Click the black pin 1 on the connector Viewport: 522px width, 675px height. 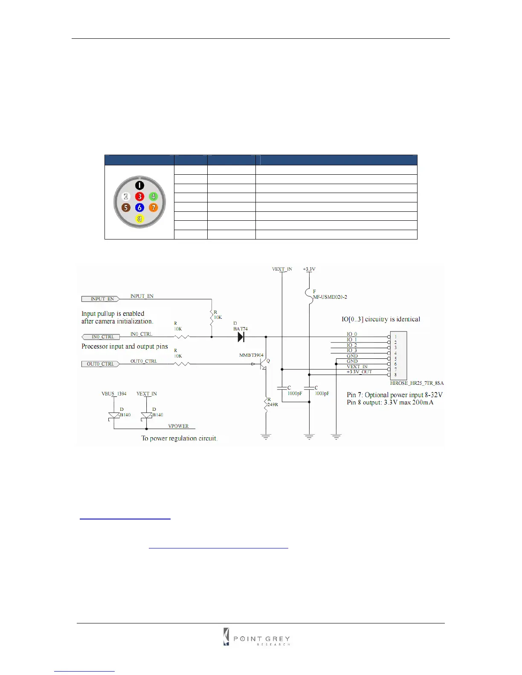[x=139, y=185]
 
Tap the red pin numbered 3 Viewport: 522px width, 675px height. [x=139, y=196]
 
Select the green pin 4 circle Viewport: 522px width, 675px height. [x=153, y=196]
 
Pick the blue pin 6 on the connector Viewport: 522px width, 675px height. [x=139, y=208]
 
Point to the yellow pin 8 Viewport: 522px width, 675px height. [x=139, y=219]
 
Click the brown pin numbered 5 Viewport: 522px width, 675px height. [x=126, y=208]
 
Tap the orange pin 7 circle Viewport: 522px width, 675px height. [x=153, y=208]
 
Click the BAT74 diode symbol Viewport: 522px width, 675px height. [x=241, y=337]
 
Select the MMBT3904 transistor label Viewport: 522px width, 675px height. [x=251, y=355]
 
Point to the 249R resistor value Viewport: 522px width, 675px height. [x=273, y=404]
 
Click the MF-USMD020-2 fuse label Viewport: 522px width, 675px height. [x=330, y=297]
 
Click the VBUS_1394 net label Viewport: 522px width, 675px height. [x=114, y=394]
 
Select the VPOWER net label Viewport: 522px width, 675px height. [x=178, y=426]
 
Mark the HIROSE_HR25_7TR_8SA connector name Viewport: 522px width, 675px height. [x=417, y=383]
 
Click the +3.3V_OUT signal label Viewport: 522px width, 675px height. [x=359, y=372]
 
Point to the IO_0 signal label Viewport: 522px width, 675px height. [x=352, y=334]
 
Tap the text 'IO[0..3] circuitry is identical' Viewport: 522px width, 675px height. [x=380, y=319]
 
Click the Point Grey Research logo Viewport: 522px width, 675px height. [x=257, y=637]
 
